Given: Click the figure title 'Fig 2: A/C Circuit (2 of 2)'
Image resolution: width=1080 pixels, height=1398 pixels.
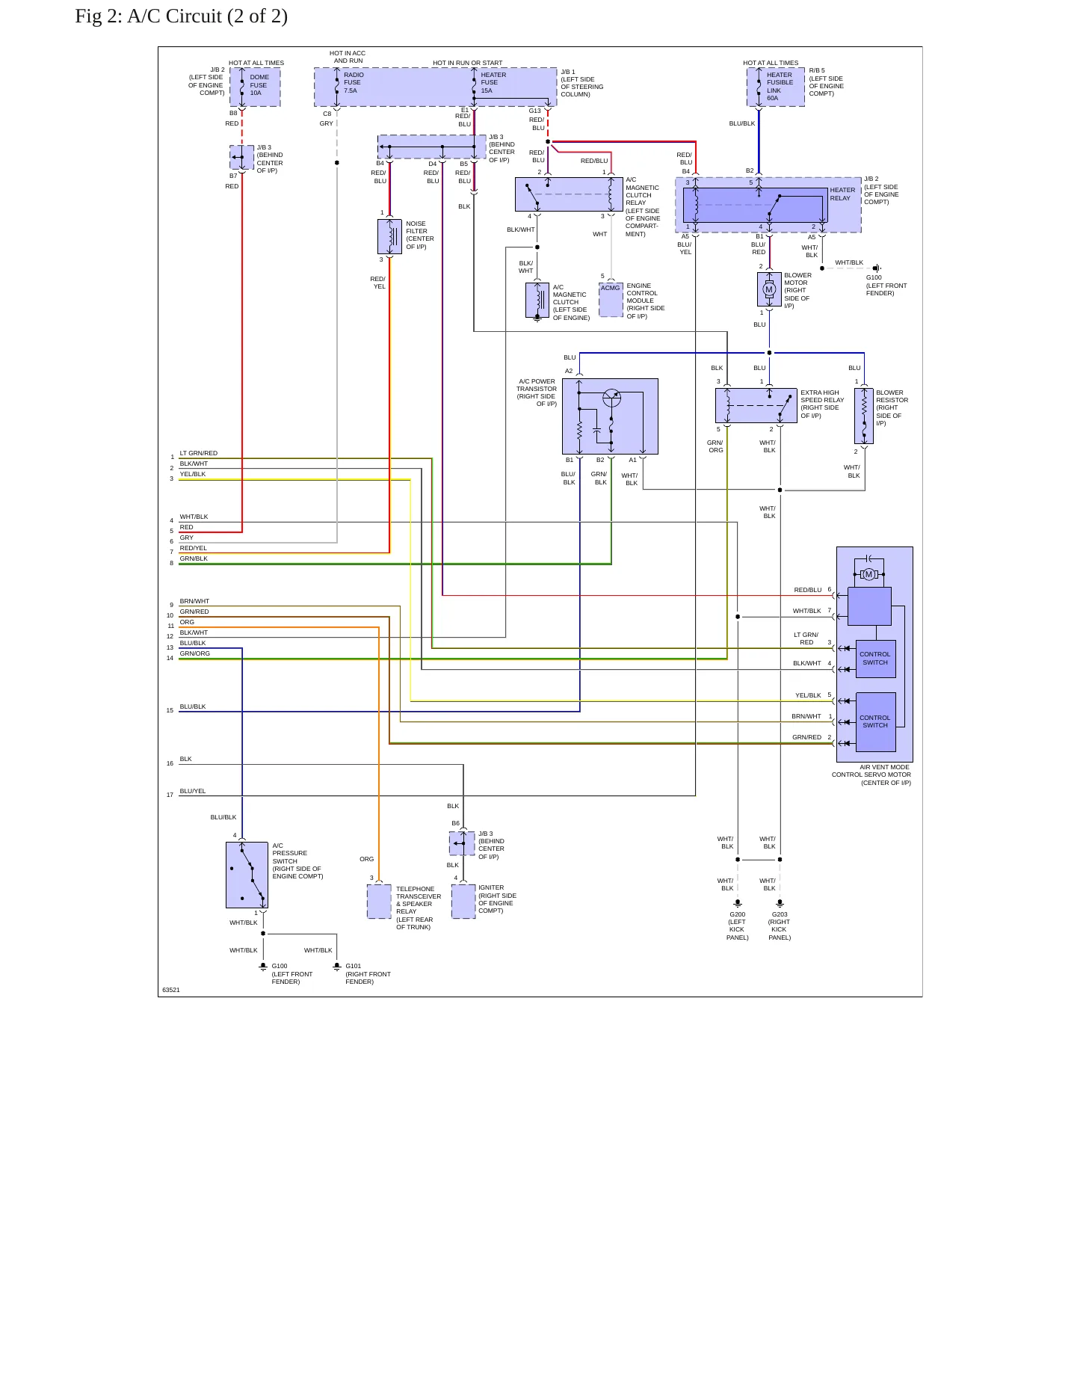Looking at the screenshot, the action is tap(181, 16).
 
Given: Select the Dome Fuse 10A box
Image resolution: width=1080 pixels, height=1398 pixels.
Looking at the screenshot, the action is tap(255, 87).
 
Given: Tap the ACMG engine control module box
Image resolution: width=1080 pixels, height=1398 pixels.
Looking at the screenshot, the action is tap(611, 300).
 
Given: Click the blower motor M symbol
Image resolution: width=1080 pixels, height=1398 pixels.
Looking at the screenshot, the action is tap(769, 289).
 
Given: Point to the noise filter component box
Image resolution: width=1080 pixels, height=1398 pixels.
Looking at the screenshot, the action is tap(390, 236).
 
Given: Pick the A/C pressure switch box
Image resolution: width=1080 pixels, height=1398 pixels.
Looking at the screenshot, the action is tap(247, 875).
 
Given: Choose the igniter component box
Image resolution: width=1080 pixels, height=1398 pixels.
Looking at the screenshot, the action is tap(463, 901).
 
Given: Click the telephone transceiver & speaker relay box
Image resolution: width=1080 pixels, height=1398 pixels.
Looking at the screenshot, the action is tap(379, 901).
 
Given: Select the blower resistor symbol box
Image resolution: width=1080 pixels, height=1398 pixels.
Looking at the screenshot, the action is tap(864, 416).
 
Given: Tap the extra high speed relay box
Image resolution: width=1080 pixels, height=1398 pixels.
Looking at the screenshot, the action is tap(756, 405).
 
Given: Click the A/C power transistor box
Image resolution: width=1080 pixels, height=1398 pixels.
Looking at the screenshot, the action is tap(610, 416).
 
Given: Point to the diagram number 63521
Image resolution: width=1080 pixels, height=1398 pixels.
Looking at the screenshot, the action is tap(171, 990).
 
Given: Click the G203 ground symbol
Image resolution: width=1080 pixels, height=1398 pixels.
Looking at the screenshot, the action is tap(780, 904).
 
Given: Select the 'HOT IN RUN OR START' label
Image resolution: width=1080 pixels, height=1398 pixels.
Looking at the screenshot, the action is tap(468, 63).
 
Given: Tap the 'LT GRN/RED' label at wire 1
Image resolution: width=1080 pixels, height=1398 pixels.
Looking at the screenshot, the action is tap(199, 453).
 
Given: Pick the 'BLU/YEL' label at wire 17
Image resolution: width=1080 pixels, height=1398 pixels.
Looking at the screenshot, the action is tap(193, 791).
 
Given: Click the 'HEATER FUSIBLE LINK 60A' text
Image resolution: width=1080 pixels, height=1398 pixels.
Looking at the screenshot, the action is tap(780, 87).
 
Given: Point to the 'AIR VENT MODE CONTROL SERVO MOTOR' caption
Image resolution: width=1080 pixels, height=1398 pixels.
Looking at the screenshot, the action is tap(871, 775).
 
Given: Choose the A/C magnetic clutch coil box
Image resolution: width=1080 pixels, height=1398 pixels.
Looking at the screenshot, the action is tap(537, 300).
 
